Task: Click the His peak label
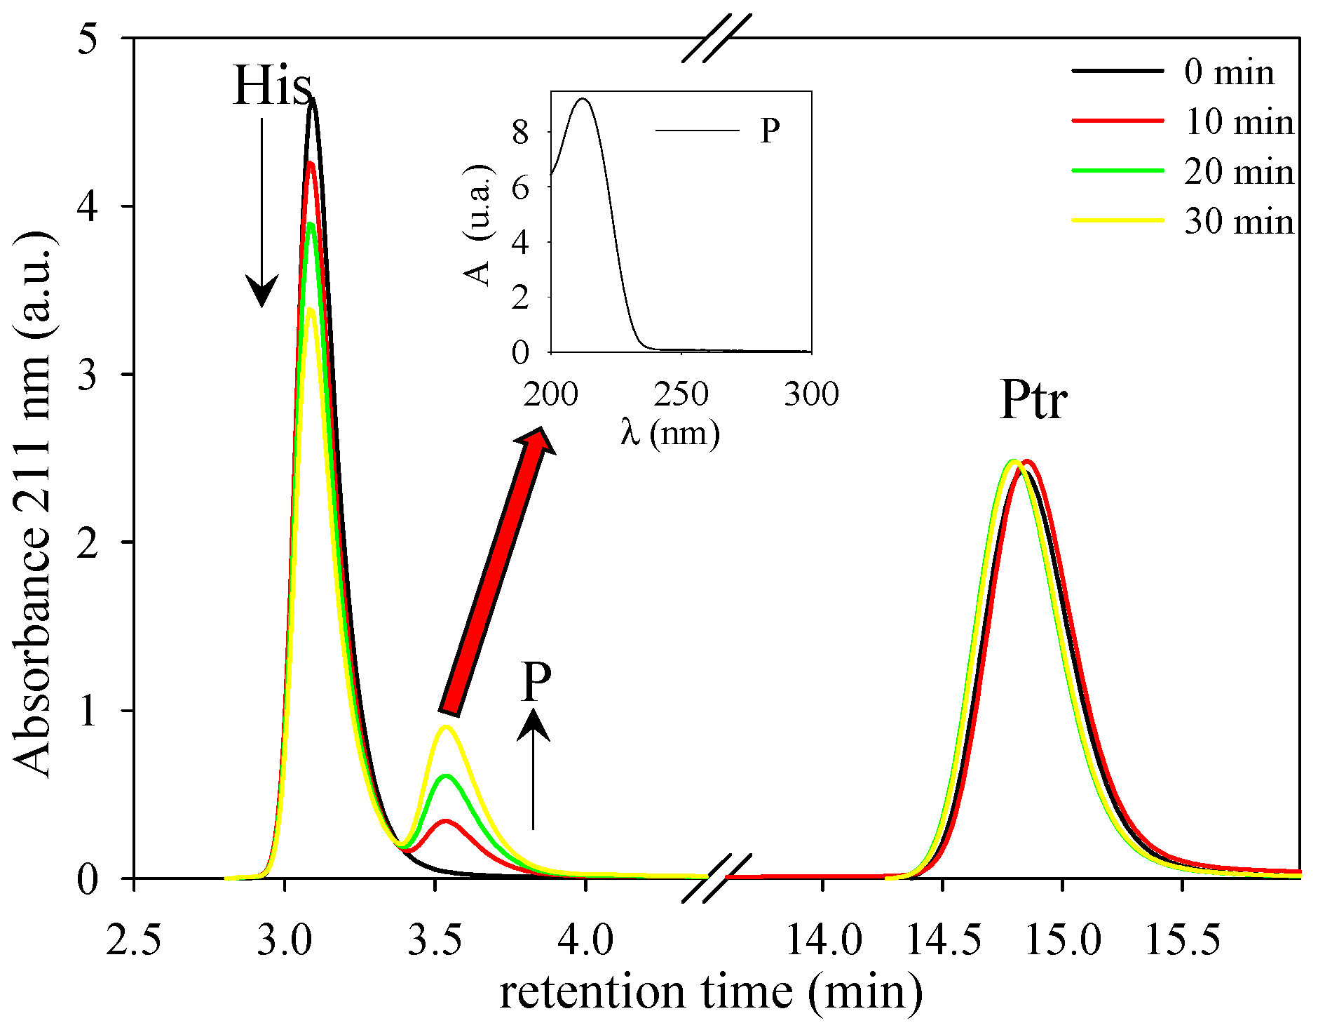coord(272,86)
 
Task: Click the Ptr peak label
coord(1033,400)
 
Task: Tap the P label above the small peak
coord(536,682)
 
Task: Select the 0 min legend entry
coord(1228,72)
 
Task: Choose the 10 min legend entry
coord(1238,122)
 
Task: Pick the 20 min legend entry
coord(1238,172)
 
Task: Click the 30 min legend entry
coord(1238,222)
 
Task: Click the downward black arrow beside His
coord(262,210)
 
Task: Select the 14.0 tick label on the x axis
coord(823,940)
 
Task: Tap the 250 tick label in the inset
coord(681,394)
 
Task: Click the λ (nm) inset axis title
coord(670,433)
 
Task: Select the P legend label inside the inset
coord(770,131)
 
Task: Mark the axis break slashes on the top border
coord(716,39)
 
